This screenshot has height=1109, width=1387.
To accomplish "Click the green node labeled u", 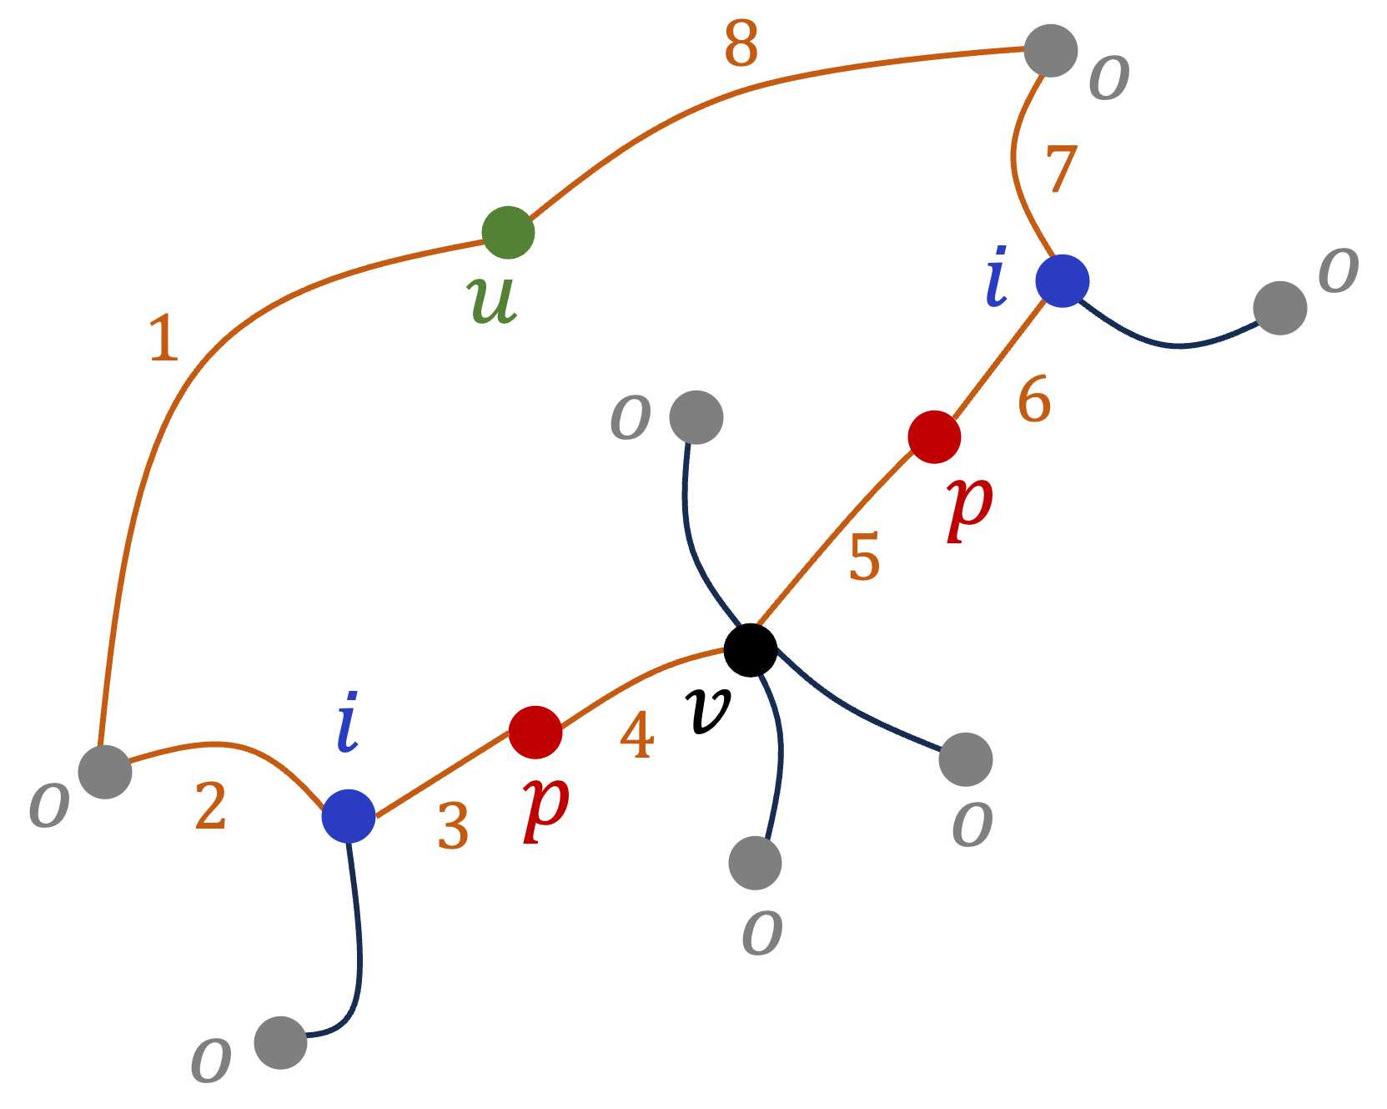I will tap(508, 233).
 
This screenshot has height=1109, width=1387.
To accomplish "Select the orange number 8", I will tap(741, 43).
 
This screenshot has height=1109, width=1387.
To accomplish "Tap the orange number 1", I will tap(163, 338).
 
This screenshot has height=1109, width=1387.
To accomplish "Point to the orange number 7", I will tap(1061, 169).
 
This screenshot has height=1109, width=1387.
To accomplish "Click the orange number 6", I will tap(1034, 399).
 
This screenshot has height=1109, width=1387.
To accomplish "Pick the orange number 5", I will tap(864, 557).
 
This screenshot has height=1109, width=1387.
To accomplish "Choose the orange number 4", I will tap(636, 736).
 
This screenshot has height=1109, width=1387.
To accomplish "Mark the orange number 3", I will tap(453, 827).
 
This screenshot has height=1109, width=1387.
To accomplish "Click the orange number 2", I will tap(210, 807).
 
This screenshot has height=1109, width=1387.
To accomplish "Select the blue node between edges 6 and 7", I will tap(1062, 280).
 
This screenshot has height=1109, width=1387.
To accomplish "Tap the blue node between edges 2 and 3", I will tap(349, 815).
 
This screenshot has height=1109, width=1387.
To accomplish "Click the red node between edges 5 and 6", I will tap(934, 436).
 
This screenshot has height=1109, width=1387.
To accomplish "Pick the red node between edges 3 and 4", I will tap(535, 732).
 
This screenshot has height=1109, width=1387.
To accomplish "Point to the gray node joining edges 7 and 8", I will tap(1050, 50).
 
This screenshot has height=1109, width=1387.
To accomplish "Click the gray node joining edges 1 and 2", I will tap(105, 771).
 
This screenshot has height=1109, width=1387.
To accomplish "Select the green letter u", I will tap(492, 299).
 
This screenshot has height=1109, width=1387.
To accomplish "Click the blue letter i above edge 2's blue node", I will tap(348, 722).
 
